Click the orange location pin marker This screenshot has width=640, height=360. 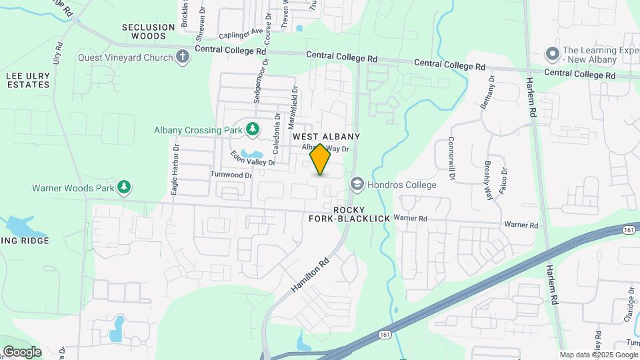click(x=321, y=159)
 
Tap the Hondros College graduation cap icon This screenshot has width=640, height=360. click(x=357, y=185)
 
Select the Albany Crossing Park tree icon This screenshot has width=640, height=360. click(x=253, y=129)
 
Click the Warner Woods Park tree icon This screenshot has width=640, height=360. click(x=124, y=188)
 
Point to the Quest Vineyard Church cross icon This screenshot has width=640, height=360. click(x=183, y=57)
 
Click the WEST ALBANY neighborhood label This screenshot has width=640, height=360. click(x=327, y=136)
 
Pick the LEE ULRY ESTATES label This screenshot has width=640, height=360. click(x=28, y=81)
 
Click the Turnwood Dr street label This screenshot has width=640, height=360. click(x=231, y=175)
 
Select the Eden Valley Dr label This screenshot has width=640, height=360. click(x=253, y=158)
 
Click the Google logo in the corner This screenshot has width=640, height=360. click(x=21, y=351)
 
